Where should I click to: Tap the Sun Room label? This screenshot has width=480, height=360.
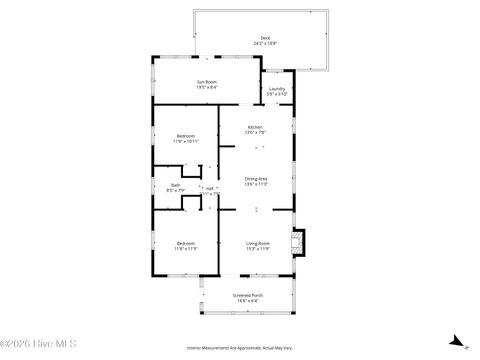tap(207, 82)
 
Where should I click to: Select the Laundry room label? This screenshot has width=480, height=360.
tap(277, 89)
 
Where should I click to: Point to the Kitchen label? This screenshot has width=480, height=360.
tap(255, 127)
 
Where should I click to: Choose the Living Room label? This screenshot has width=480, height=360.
tap(258, 243)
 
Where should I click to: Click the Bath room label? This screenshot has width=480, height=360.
tap(176, 184)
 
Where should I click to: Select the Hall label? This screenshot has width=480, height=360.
tap(210, 187)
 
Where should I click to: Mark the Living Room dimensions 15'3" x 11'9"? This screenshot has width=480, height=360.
tap(258, 249)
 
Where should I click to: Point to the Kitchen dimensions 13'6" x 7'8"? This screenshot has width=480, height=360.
tap(255, 133)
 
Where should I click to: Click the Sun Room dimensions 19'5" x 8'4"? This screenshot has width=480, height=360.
tap(207, 88)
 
